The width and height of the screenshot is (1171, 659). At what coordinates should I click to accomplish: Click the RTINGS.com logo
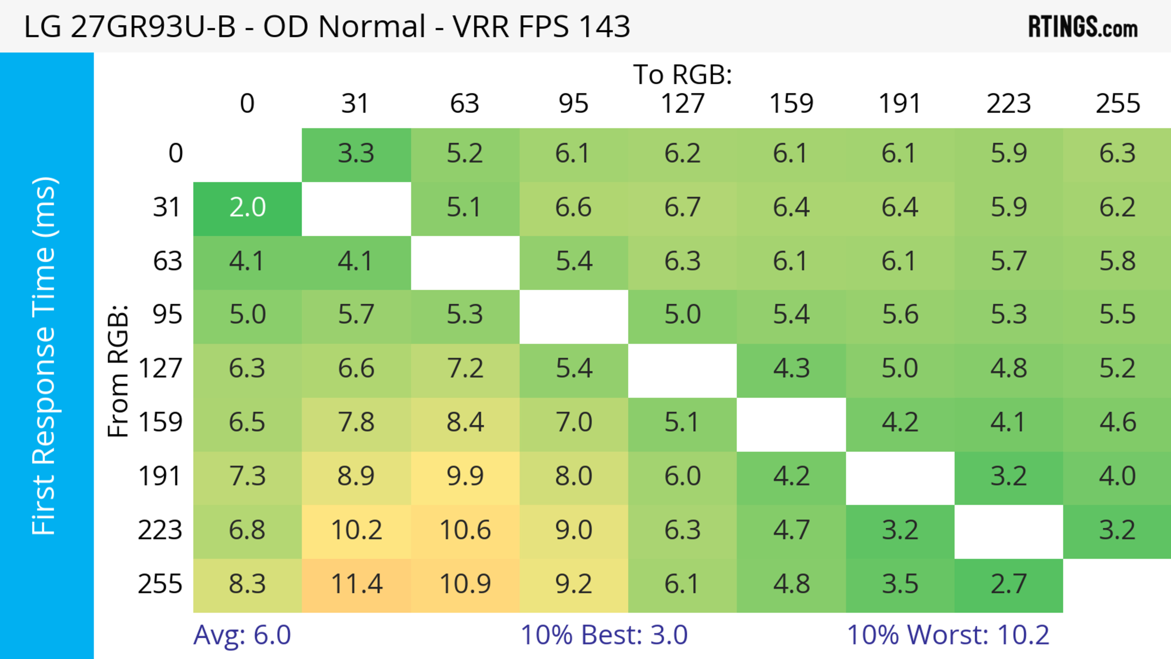[x=1083, y=27]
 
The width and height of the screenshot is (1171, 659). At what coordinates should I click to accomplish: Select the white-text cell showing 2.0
[x=247, y=208]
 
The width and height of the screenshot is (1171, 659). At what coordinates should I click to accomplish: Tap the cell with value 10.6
[x=465, y=530]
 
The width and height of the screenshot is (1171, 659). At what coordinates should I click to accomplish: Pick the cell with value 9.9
[x=465, y=476]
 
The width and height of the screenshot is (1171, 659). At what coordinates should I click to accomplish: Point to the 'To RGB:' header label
[x=682, y=74]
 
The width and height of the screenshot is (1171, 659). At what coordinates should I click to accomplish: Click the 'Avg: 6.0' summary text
[x=242, y=635]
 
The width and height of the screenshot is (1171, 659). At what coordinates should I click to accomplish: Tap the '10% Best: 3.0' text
[x=604, y=635]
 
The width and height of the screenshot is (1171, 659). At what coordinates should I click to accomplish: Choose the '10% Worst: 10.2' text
[x=948, y=635]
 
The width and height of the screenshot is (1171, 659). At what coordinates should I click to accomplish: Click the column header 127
[x=682, y=104]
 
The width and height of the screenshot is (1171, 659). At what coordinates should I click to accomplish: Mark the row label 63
[x=167, y=261]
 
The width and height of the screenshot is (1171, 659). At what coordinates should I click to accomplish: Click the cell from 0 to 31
[x=356, y=154]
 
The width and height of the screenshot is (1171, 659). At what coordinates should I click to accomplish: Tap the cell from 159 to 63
[x=465, y=422]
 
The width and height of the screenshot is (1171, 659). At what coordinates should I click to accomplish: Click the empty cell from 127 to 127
[x=682, y=369]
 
